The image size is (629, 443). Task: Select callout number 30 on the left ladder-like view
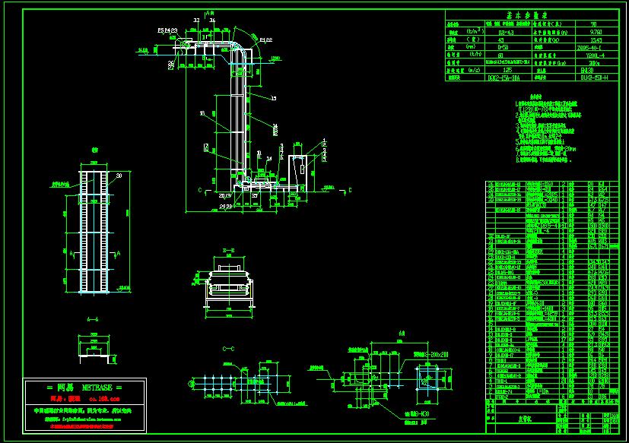coord(119,175)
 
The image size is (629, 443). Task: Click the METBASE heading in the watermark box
coord(74,387)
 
